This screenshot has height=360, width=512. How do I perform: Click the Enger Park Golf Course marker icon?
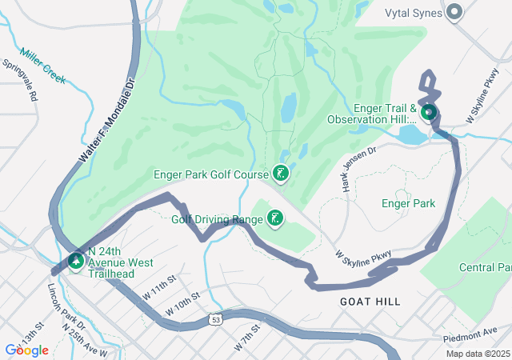(x=280, y=173)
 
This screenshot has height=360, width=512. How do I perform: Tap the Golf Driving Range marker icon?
(x=274, y=218)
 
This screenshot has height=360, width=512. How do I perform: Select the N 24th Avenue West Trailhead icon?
(x=76, y=261)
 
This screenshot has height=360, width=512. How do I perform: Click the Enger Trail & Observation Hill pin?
(x=428, y=113)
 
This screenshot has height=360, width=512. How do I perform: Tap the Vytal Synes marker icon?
(x=455, y=12)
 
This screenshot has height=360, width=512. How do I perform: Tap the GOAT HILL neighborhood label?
(x=370, y=302)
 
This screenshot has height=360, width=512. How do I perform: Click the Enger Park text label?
(x=408, y=203)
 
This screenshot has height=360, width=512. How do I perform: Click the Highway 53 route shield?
(x=216, y=319)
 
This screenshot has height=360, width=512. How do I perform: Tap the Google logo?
(x=26, y=350)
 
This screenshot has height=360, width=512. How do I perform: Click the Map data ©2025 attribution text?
(x=477, y=354)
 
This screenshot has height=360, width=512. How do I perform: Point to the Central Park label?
(x=485, y=266)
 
